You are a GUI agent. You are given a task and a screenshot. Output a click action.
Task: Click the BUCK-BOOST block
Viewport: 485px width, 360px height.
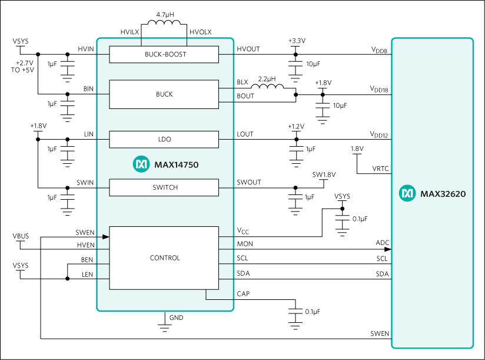(x=164, y=54)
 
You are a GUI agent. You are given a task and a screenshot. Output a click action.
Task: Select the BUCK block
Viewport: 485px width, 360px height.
(x=164, y=94)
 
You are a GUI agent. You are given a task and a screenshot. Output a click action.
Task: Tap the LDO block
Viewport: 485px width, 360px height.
(x=164, y=140)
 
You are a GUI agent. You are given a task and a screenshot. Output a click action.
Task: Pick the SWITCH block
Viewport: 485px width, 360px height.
(x=164, y=187)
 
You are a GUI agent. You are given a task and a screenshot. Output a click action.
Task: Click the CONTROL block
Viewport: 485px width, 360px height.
(x=164, y=258)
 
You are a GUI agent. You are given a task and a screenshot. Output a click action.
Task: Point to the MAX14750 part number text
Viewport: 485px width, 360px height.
(x=176, y=165)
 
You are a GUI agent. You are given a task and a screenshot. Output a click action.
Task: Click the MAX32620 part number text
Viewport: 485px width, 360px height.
(x=443, y=193)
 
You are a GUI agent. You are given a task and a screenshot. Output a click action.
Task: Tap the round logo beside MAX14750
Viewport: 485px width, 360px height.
(x=141, y=164)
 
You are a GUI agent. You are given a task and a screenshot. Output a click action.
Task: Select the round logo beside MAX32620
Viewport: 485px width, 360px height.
(x=407, y=193)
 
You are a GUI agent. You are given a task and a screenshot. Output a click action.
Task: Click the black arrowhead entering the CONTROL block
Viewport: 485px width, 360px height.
(x=106, y=237)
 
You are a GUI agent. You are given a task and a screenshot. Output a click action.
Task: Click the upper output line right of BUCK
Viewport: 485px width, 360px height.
(x=227, y=89)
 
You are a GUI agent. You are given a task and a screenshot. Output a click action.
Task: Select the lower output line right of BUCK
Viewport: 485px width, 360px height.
(x=227, y=102)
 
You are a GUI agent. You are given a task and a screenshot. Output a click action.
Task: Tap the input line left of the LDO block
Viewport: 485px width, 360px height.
(x=104, y=140)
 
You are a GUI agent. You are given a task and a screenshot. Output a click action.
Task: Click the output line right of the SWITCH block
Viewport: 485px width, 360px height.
(x=227, y=188)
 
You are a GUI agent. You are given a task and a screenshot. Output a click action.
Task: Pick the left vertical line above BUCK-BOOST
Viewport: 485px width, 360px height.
(x=142, y=42)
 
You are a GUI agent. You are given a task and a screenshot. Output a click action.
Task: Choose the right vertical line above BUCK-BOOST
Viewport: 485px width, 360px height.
(x=187, y=42)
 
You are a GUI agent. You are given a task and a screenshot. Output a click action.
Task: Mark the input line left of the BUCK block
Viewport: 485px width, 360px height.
(x=104, y=94)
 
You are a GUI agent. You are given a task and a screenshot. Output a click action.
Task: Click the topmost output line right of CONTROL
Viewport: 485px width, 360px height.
(x=227, y=237)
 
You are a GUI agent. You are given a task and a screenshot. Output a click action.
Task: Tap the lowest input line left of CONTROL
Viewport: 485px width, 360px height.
(x=104, y=279)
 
